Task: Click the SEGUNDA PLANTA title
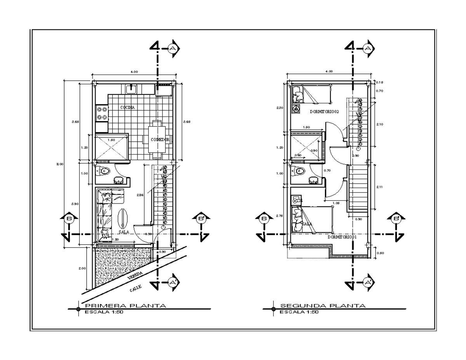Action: (323, 306)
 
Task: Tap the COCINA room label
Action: (127, 108)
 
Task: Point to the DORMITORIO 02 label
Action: (325, 112)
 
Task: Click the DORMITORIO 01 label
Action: (342, 237)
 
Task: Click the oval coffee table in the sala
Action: (122, 219)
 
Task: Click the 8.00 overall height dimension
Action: (60, 164)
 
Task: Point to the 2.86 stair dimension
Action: (141, 195)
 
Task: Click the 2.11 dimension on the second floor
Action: (379, 187)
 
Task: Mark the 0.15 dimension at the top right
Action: (379, 82)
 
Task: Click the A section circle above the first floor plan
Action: (173, 48)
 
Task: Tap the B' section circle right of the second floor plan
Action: (397, 219)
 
